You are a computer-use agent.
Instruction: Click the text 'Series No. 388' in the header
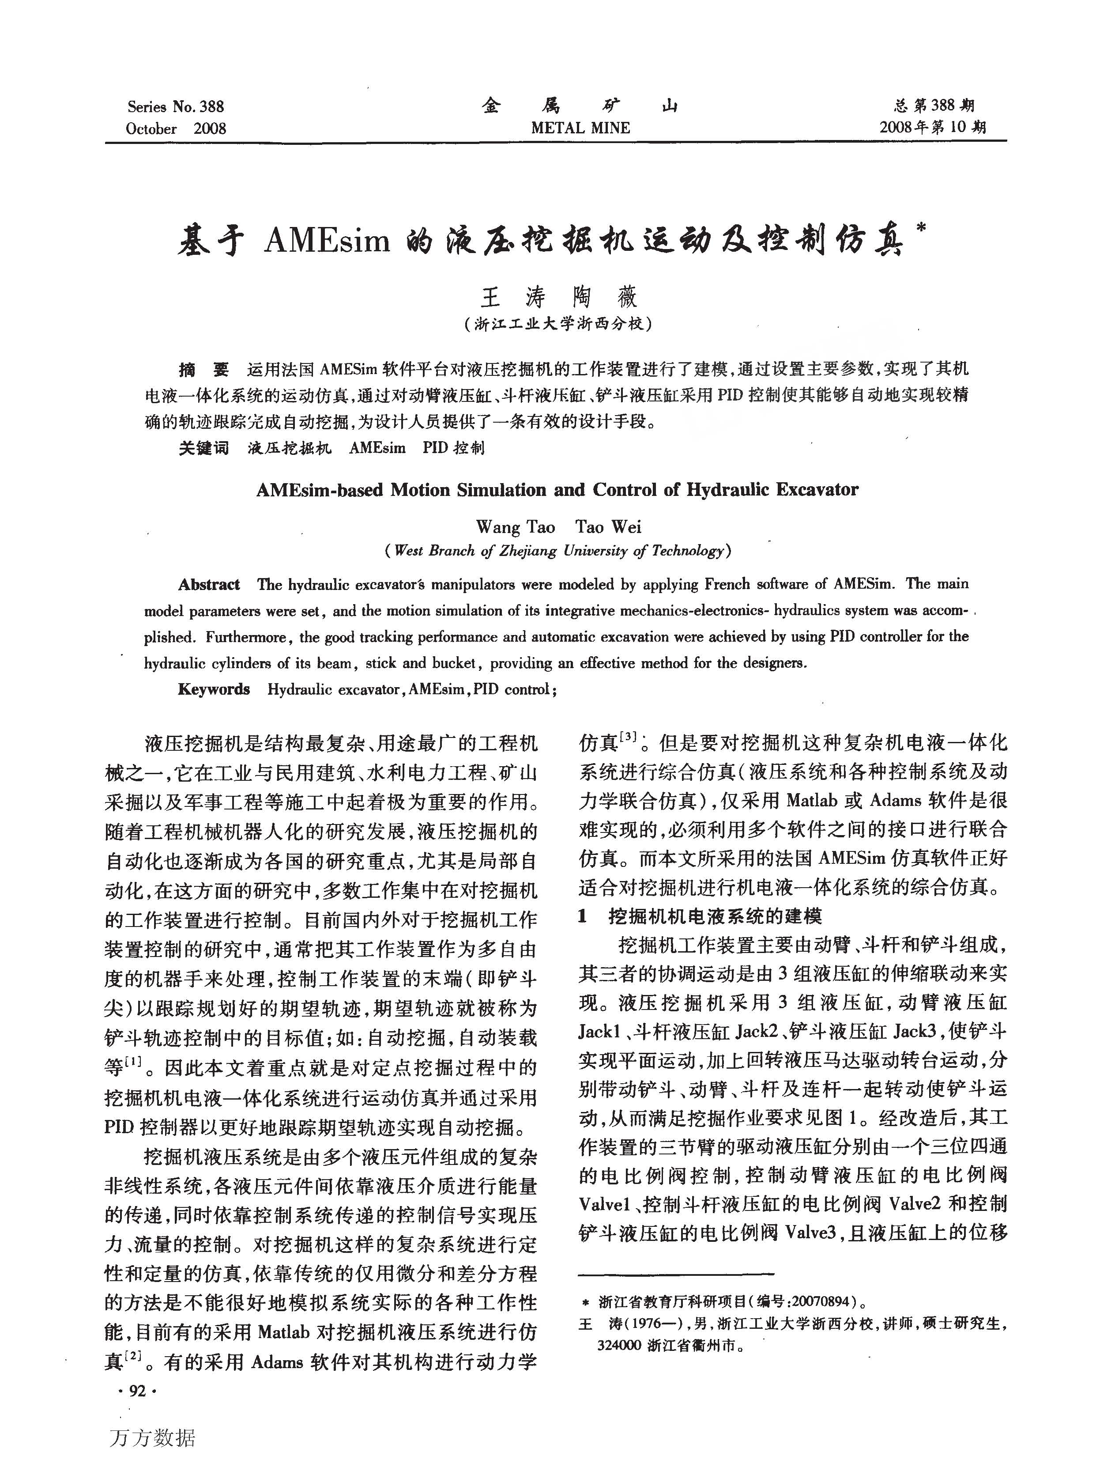click(x=176, y=106)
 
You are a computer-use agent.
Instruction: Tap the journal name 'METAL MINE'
click(x=580, y=128)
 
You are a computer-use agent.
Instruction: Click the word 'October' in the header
click(x=151, y=129)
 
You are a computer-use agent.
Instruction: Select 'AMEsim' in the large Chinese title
click(x=326, y=240)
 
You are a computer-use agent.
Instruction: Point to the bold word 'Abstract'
click(x=209, y=585)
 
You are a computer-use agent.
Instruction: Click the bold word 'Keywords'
click(x=214, y=689)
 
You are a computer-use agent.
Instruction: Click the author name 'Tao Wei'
click(x=608, y=527)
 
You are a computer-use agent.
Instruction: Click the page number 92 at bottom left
click(x=137, y=1391)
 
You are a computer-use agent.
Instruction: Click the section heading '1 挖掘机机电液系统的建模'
click(x=700, y=917)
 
